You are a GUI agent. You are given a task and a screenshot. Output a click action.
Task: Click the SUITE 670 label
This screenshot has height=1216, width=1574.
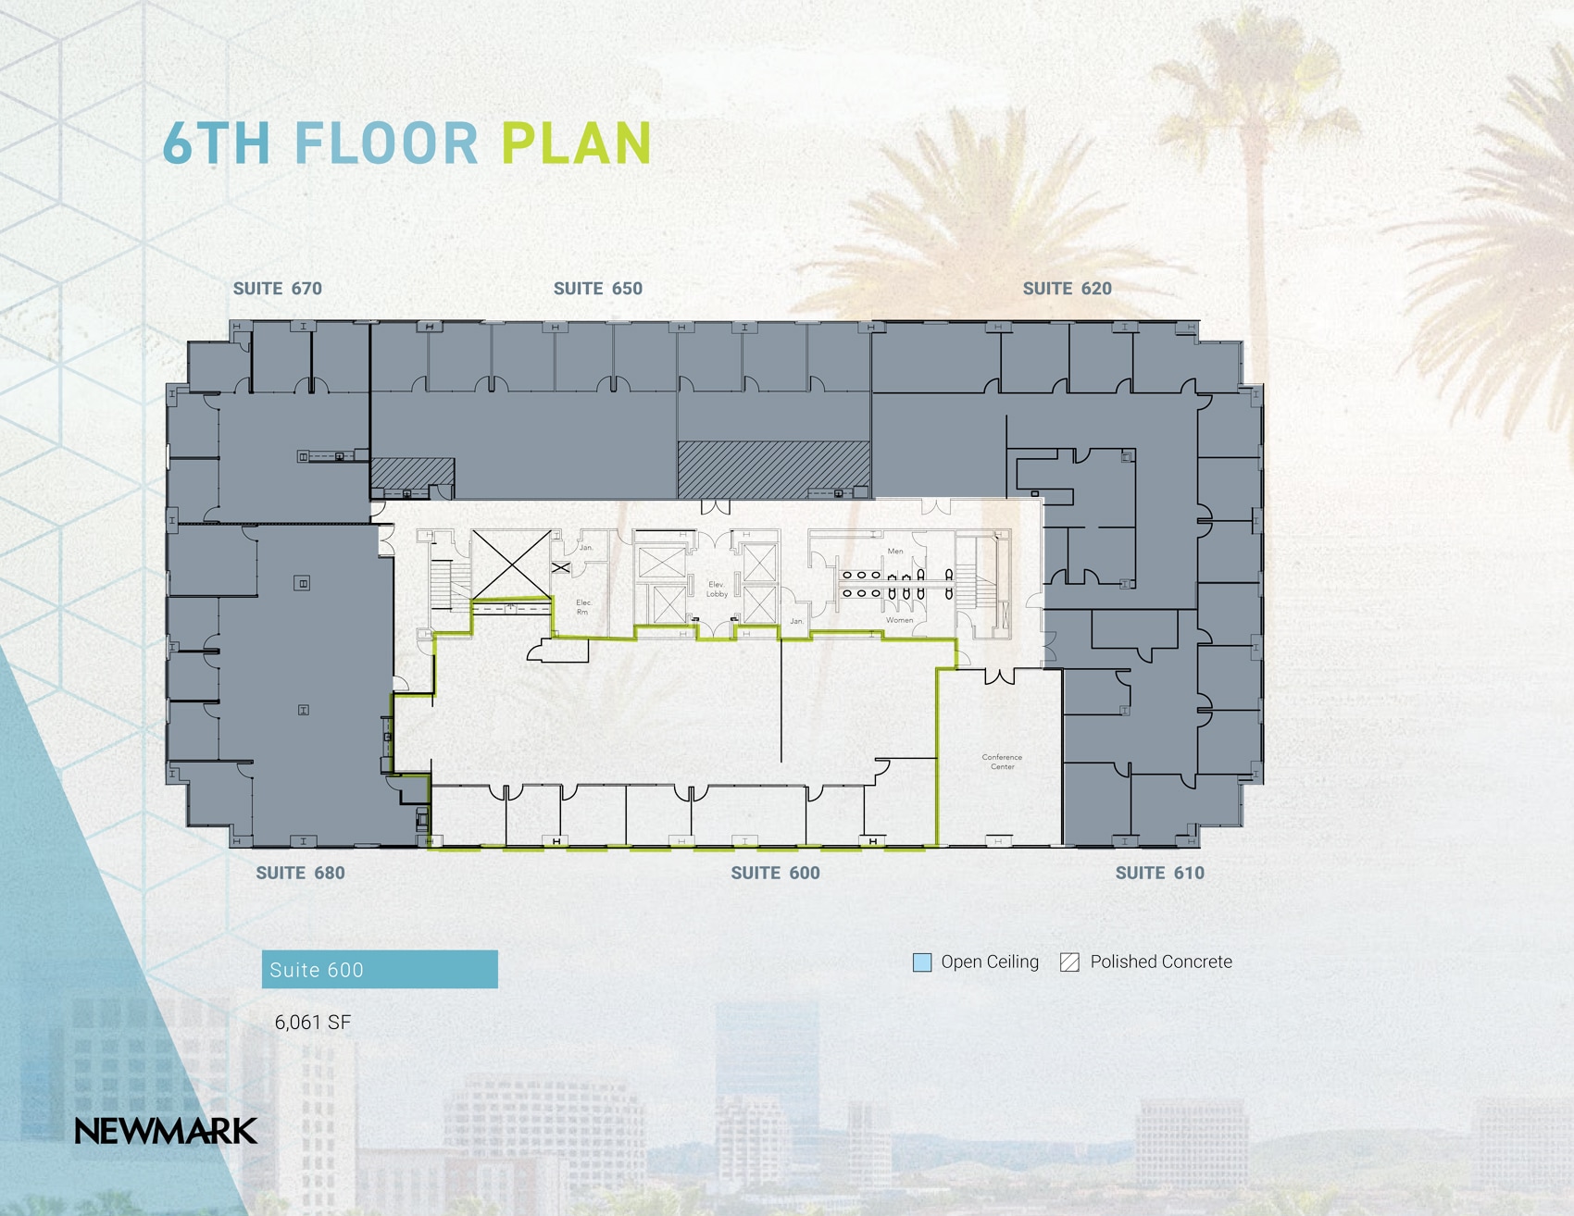[277, 289]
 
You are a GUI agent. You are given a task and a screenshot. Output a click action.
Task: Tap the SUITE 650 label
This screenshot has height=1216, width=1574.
[597, 289]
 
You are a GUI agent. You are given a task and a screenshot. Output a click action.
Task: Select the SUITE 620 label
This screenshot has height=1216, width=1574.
[1067, 289]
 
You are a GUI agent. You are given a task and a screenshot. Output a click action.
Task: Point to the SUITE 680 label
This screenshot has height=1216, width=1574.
[300, 873]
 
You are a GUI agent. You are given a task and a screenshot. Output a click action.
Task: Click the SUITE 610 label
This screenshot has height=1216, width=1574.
[1159, 873]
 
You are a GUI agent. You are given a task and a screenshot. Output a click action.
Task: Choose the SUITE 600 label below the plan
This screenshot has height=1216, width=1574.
[775, 873]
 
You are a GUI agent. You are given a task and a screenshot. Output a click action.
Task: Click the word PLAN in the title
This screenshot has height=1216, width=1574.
[577, 143]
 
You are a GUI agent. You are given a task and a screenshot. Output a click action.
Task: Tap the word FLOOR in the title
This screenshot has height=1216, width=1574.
[386, 143]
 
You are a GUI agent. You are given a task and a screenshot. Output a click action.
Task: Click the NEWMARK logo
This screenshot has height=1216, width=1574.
[166, 1131]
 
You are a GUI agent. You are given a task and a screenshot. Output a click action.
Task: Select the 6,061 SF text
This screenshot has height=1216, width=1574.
[313, 1023]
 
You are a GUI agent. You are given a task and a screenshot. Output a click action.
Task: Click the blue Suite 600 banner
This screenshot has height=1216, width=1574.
[380, 970]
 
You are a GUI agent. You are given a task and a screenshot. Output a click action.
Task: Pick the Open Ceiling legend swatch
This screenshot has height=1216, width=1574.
[922, 962]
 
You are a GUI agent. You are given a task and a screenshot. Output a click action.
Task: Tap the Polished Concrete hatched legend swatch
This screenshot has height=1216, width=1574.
[1069, 962]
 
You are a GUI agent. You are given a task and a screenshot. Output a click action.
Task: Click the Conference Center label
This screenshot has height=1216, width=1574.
[1002, 762]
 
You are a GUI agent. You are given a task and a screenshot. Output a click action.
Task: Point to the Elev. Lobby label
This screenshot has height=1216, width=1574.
[717, 589]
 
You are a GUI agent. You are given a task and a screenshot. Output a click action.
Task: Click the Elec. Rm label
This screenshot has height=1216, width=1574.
[583, 607]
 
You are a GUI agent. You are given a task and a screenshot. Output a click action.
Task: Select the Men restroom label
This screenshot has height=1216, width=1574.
[894, 552]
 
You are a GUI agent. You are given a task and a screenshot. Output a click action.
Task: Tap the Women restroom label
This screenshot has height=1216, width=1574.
[899, 620]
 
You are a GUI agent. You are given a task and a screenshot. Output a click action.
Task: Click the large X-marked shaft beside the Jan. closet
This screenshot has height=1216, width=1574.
[511, 563]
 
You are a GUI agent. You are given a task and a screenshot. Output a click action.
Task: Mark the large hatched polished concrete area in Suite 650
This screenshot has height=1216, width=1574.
[773, 468]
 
